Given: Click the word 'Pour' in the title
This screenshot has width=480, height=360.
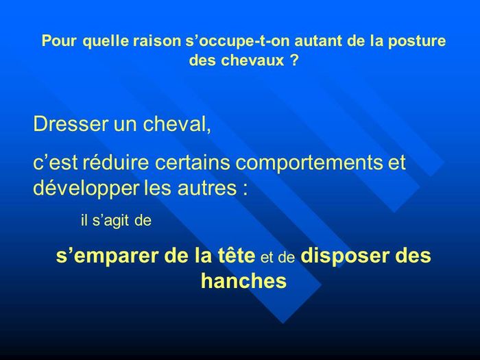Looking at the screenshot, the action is coord(59,40).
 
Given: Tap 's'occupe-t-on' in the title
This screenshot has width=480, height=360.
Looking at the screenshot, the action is coord(238,41).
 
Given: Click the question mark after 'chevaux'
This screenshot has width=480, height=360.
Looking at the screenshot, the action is coord(293,60).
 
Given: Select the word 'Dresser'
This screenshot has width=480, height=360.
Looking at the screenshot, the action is coord(71,123).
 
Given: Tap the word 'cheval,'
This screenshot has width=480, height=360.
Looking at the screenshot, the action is coord(177,123).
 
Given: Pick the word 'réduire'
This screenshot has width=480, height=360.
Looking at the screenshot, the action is coord(116,162).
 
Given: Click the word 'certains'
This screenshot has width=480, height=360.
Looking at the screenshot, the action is coord(192,162).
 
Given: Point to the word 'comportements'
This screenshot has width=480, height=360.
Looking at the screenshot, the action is coord(309,163).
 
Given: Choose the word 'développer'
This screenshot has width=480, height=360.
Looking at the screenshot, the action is coord(86,188).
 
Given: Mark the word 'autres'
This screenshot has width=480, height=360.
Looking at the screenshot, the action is coord(207,189).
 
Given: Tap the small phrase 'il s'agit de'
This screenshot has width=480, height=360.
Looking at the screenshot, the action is coord(117,220).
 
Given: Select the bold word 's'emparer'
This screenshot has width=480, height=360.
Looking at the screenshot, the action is coord(107,256).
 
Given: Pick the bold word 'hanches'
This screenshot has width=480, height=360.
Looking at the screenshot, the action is coord(243,280).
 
